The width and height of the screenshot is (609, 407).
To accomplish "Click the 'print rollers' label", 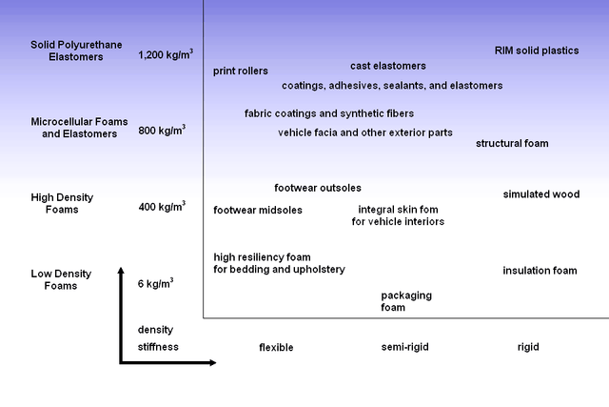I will click(x=240, y=71).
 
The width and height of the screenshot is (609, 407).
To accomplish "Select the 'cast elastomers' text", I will click(x=388, y=66).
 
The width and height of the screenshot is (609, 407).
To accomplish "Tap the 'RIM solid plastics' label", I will click(x=537, y=51).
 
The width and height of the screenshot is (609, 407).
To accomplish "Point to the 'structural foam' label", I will click(x=512, y=144).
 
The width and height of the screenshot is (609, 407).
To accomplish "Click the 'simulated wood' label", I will click(x=540, y=194).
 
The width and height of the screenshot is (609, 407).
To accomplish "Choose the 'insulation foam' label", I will click(x=540, y=271).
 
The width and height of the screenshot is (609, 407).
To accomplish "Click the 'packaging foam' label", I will click(x=406, y=301).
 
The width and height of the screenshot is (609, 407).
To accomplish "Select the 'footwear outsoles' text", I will click(x=318, y=188).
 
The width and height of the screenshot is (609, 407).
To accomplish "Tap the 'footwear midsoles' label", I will click(x=258, y=211).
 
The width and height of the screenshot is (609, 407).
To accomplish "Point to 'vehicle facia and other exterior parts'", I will click(x=365, y=132).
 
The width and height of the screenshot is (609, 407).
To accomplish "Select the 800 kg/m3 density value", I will click(x=162, y=129).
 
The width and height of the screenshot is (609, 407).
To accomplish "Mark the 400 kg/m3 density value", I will click(x=162, y=206).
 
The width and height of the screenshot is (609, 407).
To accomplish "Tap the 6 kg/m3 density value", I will click(x=156, y=283).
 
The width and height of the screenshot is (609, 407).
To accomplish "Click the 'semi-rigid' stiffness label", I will click(x=405, y=347).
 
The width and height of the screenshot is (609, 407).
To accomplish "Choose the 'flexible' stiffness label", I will click(x=276, y=348).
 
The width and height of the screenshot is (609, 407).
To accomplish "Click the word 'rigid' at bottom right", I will click(x=528, y=347).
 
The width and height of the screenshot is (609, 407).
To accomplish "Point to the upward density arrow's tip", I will click(x=121, y=270).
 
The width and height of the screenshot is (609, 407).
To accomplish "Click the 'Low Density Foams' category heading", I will click(x=61, y=279).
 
